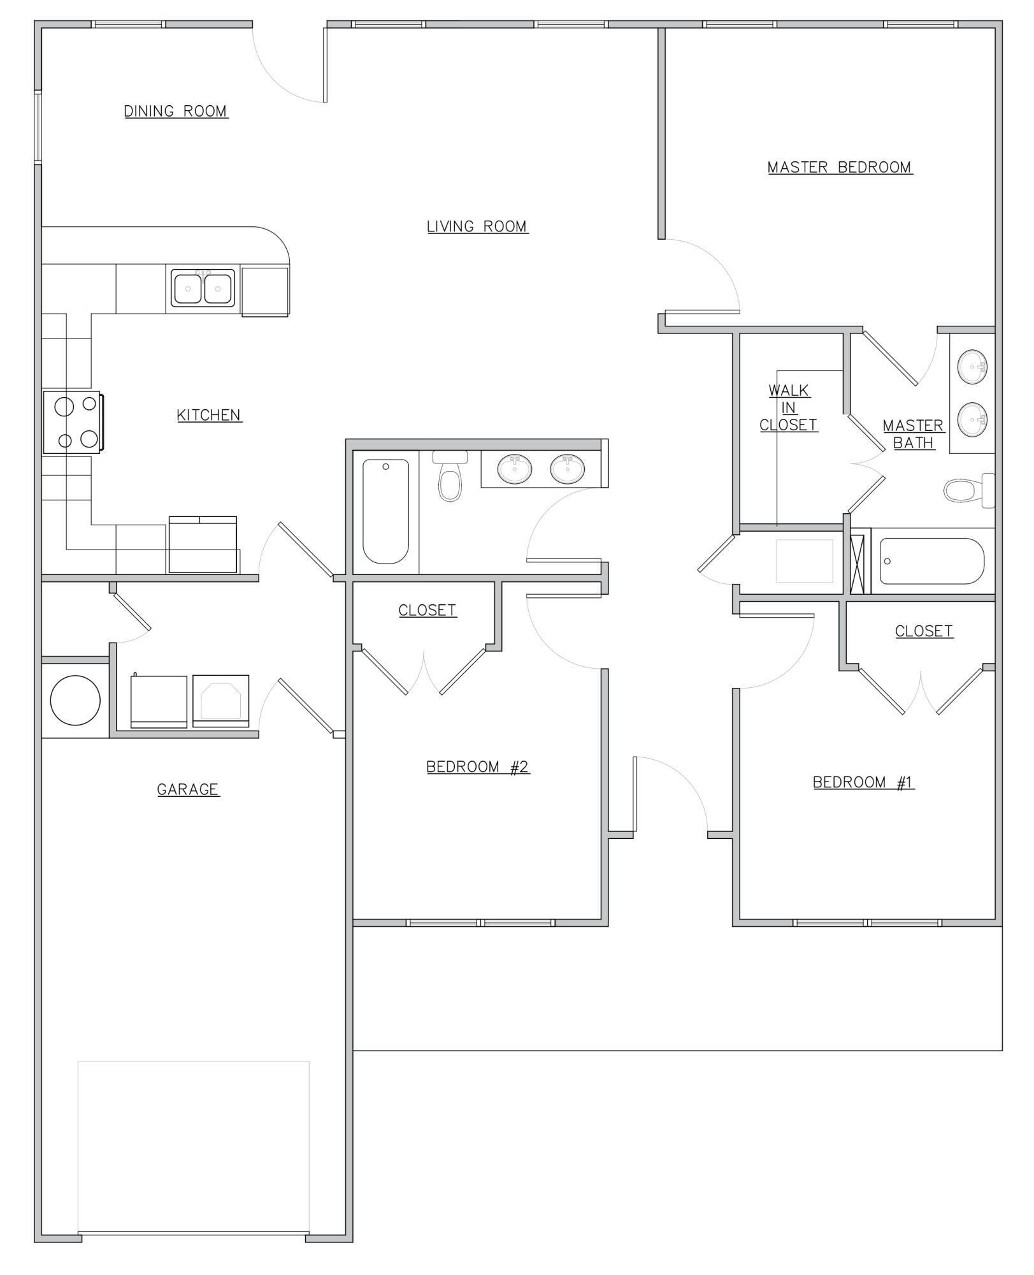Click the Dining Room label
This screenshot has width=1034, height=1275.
coord(176,112)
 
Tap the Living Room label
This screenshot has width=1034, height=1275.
coord(477,227)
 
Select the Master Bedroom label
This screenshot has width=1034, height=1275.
coord(840,168)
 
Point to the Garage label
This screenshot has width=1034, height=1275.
coord(188,790)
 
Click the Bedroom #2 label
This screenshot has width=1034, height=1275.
coord(477,767)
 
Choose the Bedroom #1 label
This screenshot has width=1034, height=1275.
coord(863,782)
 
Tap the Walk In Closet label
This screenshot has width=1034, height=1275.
coord(789,408)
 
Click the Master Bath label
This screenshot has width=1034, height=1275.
coord(913,434)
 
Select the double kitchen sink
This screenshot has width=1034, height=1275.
coord(203,288)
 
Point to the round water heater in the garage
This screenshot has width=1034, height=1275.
coord(75,700)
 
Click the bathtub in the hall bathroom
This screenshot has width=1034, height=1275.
coord(385,511)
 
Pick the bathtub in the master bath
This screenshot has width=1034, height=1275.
coord(931,562)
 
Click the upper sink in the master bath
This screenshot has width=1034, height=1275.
coord(972,367)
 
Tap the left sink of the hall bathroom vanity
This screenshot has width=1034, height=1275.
coord(515,469)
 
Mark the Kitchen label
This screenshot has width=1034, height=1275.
coord(209,416)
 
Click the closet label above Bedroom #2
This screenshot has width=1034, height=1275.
coord(427,611)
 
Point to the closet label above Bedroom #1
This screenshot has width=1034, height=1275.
coord(924,631)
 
